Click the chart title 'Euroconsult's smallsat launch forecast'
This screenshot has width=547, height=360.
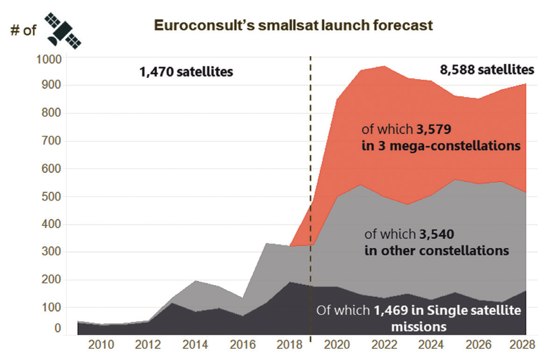[293, 25]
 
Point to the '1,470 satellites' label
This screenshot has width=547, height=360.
[186, 72]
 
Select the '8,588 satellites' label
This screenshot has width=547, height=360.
[487, 70]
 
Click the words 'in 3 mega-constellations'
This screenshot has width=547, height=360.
[441, 145]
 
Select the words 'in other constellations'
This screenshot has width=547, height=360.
[436, 250]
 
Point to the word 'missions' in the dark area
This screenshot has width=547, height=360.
[419, 326]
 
